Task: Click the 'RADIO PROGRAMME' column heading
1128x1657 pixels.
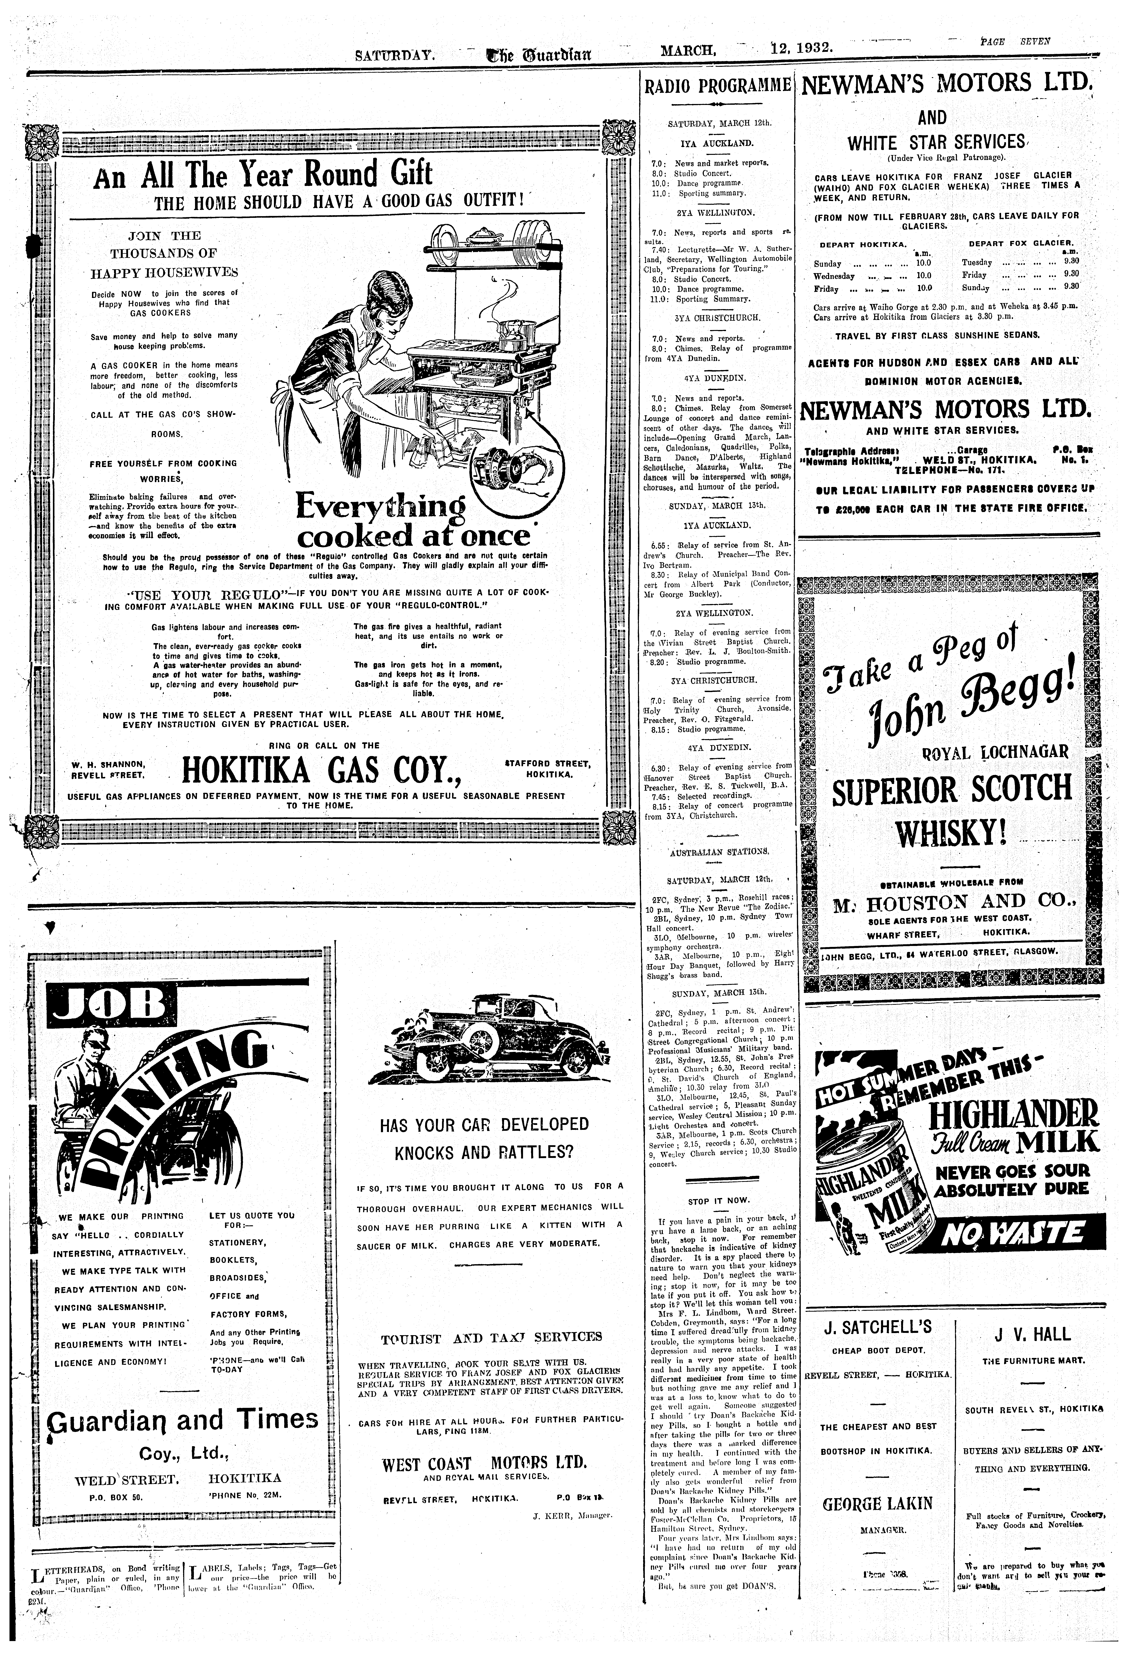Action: point(716,88)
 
